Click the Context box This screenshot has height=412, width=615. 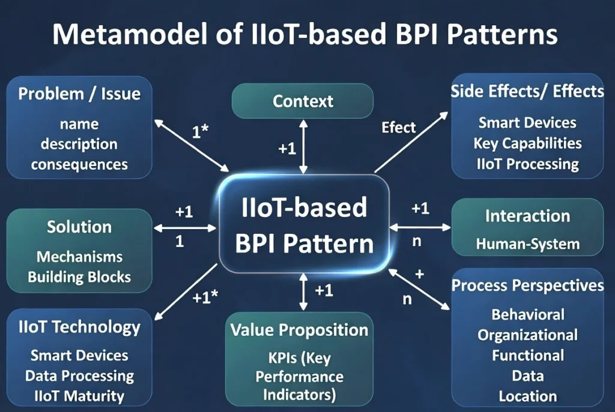pyautogui.click(x=303, y=101)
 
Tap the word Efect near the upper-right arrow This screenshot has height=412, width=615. pyautogui.click(x=399, y=127)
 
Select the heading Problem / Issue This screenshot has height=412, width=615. pyautogui.click(x=79, y=94)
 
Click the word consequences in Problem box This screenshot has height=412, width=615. pyautogui.click(x=79, y=164)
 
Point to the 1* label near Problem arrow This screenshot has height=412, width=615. pyautogui.click(x=200, y=131)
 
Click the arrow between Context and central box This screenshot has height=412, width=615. pyautogui.click(x=303, y=146)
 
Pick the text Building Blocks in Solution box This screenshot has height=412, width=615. pyautogui.click(x=79, y=277)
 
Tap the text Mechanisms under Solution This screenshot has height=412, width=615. pyautogui.click(x=79, y=257)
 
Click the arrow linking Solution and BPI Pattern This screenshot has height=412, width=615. pyautogui.click(x=185, y=228)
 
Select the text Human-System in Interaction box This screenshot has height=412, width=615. pyautogui.click(x=527, y=243)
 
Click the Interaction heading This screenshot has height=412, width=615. pyautogui.click(x=527, y=216)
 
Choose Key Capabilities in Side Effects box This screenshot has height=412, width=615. pyautogui.click(x=527, y=143)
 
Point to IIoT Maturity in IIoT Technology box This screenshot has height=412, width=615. pyautogui.click(x=79, y=396)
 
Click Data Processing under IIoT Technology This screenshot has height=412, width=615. pyautogui.click(x=79, y=376)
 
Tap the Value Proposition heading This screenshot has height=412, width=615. pyautogui.click(x=299, y=330)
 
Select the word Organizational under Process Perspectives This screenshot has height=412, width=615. pyautogui.click(x=527, y=335)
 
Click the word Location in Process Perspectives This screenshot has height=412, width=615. pyautogui.click(x=527, y=396)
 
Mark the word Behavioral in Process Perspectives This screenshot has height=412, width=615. pyautogui.click(x=527, y=314)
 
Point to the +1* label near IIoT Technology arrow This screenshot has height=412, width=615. pyautogui.click(x=205, y=297)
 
